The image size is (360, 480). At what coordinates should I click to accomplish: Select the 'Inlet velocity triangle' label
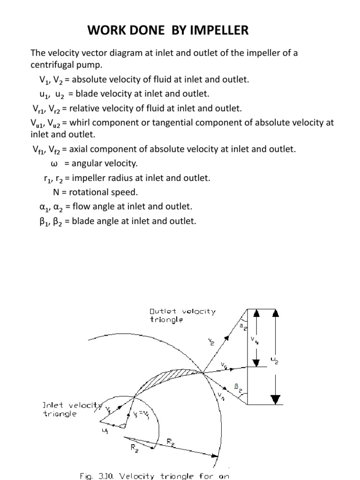(x=70, y=409)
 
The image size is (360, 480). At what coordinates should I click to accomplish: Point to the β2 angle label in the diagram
(x=238, y=388)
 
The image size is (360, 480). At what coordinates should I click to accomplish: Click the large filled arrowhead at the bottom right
(x=276, y=399)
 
